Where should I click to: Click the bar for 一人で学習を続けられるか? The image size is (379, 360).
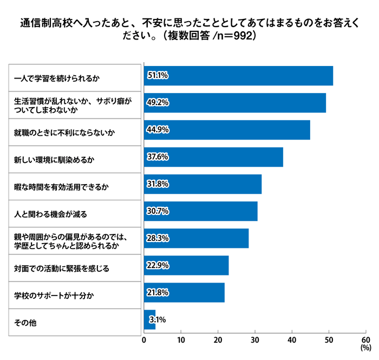[x=238, y=75]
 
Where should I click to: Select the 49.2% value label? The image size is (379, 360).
[x=158, y=102]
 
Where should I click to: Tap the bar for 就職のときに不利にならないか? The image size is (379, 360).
[x=227, y=130]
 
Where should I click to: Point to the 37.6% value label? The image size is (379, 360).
[x=158, y=157]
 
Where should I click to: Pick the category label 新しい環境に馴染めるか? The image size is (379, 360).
[x=54, y=160]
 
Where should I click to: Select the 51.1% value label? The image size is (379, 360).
[x=158, y=75]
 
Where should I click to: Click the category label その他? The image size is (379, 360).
[x=24, y=323]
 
